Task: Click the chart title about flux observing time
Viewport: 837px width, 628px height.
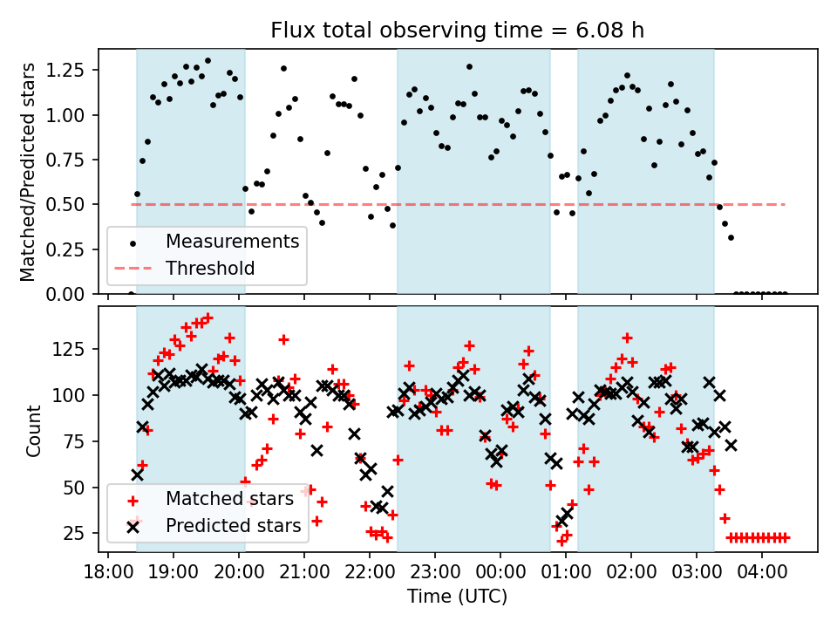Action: tap(458, 31)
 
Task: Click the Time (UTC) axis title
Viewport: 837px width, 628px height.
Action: tap(458, 597)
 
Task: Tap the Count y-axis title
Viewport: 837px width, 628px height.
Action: tap(34, 430)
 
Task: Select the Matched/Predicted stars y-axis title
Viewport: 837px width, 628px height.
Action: tap(28, 172)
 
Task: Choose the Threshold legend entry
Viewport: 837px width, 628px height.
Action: tap(210, 268)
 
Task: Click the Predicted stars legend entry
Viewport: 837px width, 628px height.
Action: tap(233, 525)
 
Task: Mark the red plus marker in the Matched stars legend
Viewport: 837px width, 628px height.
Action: tap(133, 500)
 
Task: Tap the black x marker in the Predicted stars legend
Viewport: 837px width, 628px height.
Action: tap(133, 526)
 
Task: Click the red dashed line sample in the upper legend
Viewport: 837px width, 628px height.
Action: tap(133, 268)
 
